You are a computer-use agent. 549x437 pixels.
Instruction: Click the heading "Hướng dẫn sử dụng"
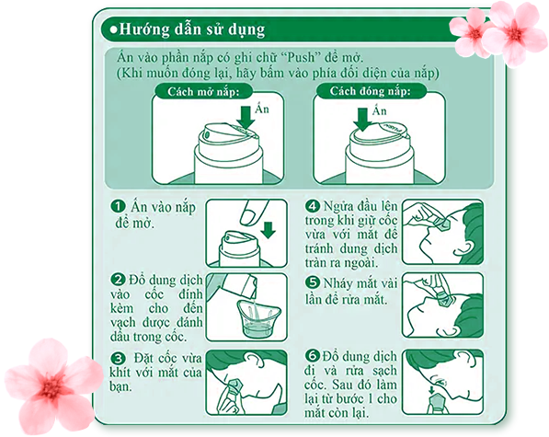(x=192, y=29)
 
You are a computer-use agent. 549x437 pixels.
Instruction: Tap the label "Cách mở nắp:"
(x=203, y=92)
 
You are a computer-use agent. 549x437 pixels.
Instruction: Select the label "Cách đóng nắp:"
(x=370, y=91)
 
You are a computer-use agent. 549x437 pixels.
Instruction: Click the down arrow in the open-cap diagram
(x=246, y=118)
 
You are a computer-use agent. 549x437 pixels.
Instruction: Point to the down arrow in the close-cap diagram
(x=362, y=120)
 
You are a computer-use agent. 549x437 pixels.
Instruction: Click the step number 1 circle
(x=118, y=206)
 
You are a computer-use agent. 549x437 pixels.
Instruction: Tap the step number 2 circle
(x=118, y=280)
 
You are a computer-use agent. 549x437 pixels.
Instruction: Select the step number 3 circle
(x=118, y=358)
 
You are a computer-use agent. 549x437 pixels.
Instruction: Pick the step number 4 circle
(x=313, y=205)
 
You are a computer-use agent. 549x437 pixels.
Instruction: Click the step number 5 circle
(x=313, y=282)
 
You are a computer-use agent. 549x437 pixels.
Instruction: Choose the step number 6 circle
(x=313, y=356)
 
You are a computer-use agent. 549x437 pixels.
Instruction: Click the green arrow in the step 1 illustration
(x=269, y=230)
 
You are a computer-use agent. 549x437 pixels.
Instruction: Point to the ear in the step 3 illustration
(x=253, y=360)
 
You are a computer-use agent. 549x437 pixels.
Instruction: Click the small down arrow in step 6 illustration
(x=431, y=390)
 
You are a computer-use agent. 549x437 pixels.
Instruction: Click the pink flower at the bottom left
(x=52, y=385)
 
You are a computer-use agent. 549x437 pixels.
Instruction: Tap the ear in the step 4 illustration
(x=463, y=247)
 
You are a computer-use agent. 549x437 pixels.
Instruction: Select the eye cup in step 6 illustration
(x=437, y=403)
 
